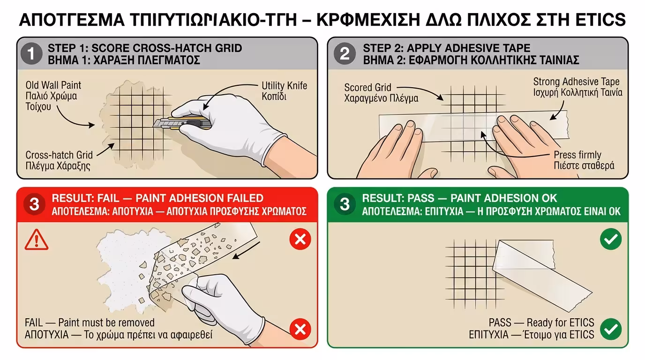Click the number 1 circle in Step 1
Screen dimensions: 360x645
[31, 54]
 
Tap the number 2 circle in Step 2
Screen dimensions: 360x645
[345, 54]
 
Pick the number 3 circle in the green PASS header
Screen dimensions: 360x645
[345, 204]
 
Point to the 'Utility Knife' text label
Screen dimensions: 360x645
[284, 86]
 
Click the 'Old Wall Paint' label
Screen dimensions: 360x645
[53, 85]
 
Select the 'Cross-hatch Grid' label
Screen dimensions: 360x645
[59, 155]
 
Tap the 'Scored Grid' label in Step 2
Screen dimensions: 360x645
[367, 88]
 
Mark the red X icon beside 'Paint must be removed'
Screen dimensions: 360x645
[300, 329]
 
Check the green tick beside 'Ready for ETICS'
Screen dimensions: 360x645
[610, 329]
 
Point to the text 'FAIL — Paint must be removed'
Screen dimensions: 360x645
[90, 322]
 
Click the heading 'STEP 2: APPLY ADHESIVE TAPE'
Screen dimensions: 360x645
[446, 48]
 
